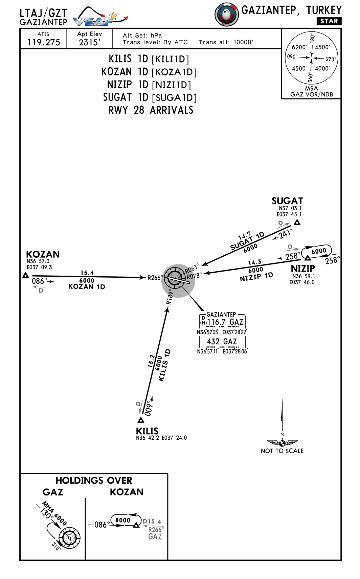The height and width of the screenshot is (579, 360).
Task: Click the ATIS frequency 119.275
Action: pos(44,42)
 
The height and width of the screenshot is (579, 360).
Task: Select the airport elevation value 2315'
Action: pos(89,43)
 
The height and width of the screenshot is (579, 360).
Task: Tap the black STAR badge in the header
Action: pos(329,21)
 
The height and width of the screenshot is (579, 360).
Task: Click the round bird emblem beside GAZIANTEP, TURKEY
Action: pos(226,15)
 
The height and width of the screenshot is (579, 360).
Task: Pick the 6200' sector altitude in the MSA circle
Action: pos(300,47)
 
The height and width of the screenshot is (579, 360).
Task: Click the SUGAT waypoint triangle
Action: pos(297,222)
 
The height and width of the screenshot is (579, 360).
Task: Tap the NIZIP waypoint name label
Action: pos(303,269)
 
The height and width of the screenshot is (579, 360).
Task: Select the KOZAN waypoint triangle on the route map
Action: pos(25,275)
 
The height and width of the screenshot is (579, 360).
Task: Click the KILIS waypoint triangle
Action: pos(141,420)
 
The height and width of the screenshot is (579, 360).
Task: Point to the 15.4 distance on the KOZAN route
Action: pos(87,273)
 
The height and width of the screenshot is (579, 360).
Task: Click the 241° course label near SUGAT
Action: pos(285,233)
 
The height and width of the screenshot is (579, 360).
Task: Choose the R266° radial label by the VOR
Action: pos(155,278)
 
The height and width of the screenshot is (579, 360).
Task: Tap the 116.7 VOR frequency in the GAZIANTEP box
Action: pos(216,322)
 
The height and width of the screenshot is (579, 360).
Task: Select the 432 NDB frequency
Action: pos(213,342)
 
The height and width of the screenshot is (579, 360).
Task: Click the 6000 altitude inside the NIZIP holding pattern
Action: pos(319,251)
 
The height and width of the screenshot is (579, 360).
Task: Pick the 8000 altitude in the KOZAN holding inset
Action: pos(122,520)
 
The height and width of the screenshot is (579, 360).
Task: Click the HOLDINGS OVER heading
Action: pos(94,480)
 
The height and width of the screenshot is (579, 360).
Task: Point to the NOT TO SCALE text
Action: pos(282,451)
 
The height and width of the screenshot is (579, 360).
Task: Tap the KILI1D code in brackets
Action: pos(170,60)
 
